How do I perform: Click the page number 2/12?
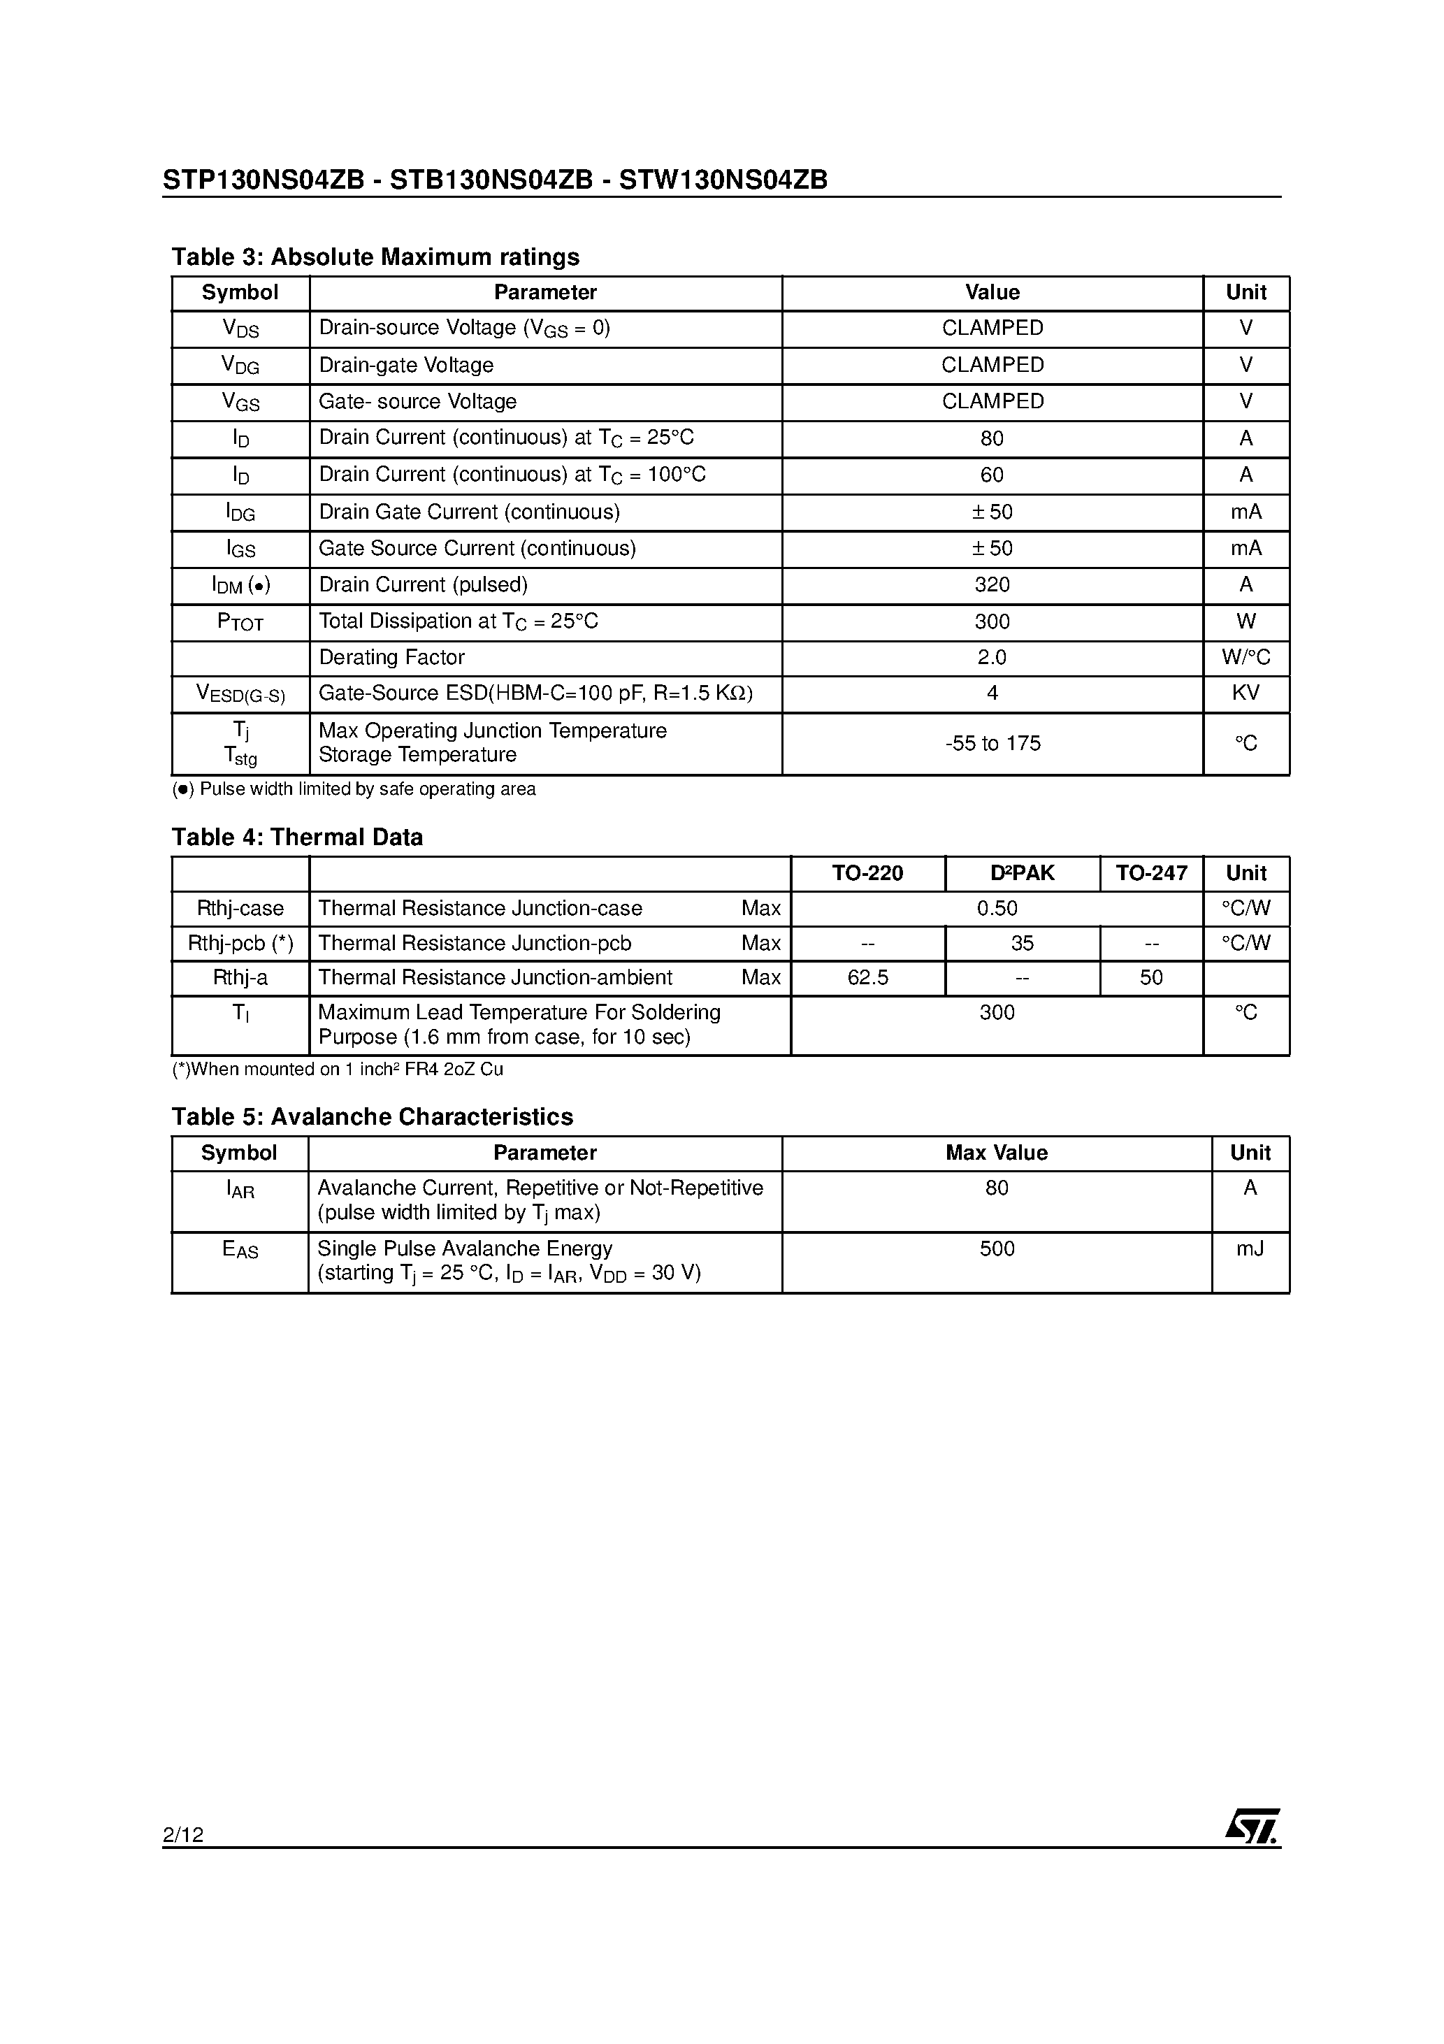pos(183,1834)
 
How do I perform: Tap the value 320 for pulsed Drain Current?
pos(992,585)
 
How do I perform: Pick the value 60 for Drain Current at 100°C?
pos(992,475)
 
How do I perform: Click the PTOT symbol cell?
pos(240,622)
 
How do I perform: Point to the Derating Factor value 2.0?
pos(992,658)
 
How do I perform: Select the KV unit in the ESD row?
pos(1246,693)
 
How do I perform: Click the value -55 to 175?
pos(992,743)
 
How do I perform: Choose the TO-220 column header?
pos(867,873)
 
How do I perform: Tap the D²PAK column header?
pos(1022,873)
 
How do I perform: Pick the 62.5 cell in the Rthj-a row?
pos(867,977)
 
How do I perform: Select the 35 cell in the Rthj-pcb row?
pos(1022,943)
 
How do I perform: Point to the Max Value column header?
pos(996,1153)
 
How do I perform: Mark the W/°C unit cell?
pos(1246,658)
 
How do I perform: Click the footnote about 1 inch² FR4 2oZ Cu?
pos(338,1069)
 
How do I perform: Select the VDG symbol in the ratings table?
pos(240,365)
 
